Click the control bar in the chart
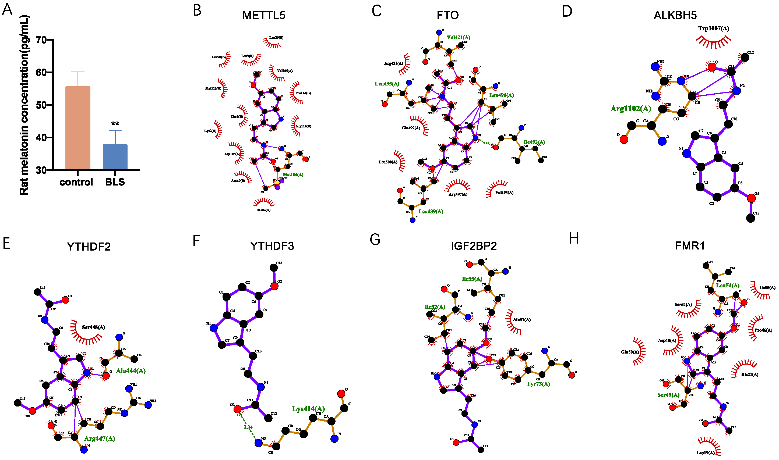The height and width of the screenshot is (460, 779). tap(77, 128)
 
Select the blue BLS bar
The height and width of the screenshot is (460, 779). tap(115, 157)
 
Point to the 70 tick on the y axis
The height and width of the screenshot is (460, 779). tap(41, 40)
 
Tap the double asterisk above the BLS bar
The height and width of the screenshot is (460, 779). tap(115, 124)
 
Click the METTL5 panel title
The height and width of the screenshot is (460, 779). tap(264, 15)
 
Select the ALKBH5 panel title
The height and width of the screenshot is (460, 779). tap(675, 15)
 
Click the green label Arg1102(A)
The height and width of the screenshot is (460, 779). tap(631, 109)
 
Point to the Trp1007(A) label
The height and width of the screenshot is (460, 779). tap(714, 28)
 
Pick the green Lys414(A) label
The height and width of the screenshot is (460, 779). tap(308, 409)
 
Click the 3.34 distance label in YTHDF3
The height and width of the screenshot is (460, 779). tap(248, 427)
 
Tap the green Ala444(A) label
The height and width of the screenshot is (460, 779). tap(131, 371)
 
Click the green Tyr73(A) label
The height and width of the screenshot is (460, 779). tap(538, 384)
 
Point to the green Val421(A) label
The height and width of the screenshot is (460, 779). tap(458, 38)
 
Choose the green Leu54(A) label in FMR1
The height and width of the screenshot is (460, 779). tap(728, 286)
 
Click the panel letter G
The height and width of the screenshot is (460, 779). tap(375, 240)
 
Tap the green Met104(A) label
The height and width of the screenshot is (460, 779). tap(293, 174)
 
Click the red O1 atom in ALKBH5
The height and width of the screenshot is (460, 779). tap(712, 67)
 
